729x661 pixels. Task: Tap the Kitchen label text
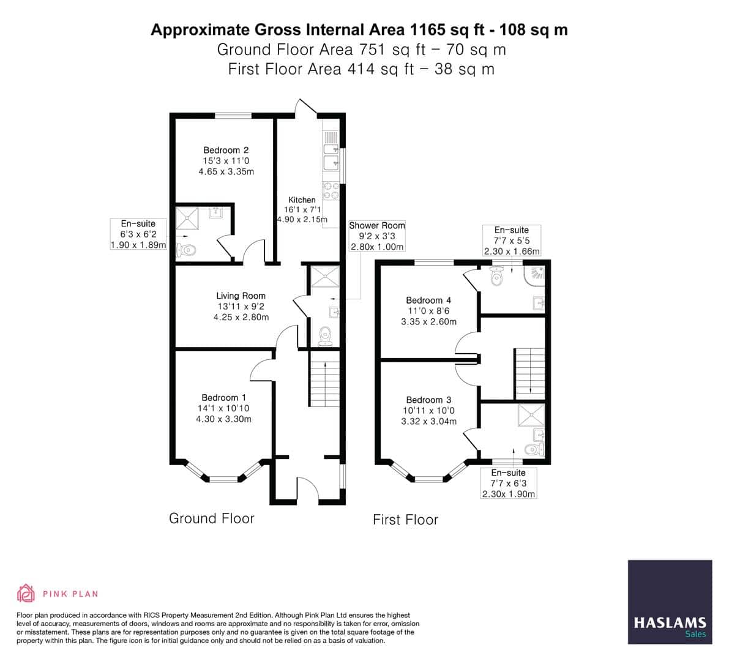pyautogui.click(x=302, y=200)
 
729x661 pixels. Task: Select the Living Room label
pyautogui.click(x=241, y=296)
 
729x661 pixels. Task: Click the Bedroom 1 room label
pyautogui.click(x=223, y=398)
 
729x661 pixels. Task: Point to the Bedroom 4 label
pyautogui.click(x=428, y=301)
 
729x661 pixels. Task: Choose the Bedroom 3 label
pyautogui.click(x=428, y=400)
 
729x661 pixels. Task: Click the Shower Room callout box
pyautogui.click(x=376, y=236)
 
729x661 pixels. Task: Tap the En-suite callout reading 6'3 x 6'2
pyautogui.click(x=138, y=234)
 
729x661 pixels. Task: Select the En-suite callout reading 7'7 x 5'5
pyautogui.click(x=512, y=241)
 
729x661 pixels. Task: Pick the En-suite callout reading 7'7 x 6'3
pyautogui.click(x=508, y=484)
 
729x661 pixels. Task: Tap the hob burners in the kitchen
pyautogui.click(x=331, y=191)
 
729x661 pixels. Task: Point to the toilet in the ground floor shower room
pyautogui.click(x=326, y=335)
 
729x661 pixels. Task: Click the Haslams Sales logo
pyautogui.click(x=670, y=602)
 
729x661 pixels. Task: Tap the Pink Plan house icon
pyautogui.click(x=26, y=593)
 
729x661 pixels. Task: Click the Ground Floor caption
pyautogui.click(x=211, y=518)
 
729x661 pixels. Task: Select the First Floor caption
pyautogui.click(x=405, y=520)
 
